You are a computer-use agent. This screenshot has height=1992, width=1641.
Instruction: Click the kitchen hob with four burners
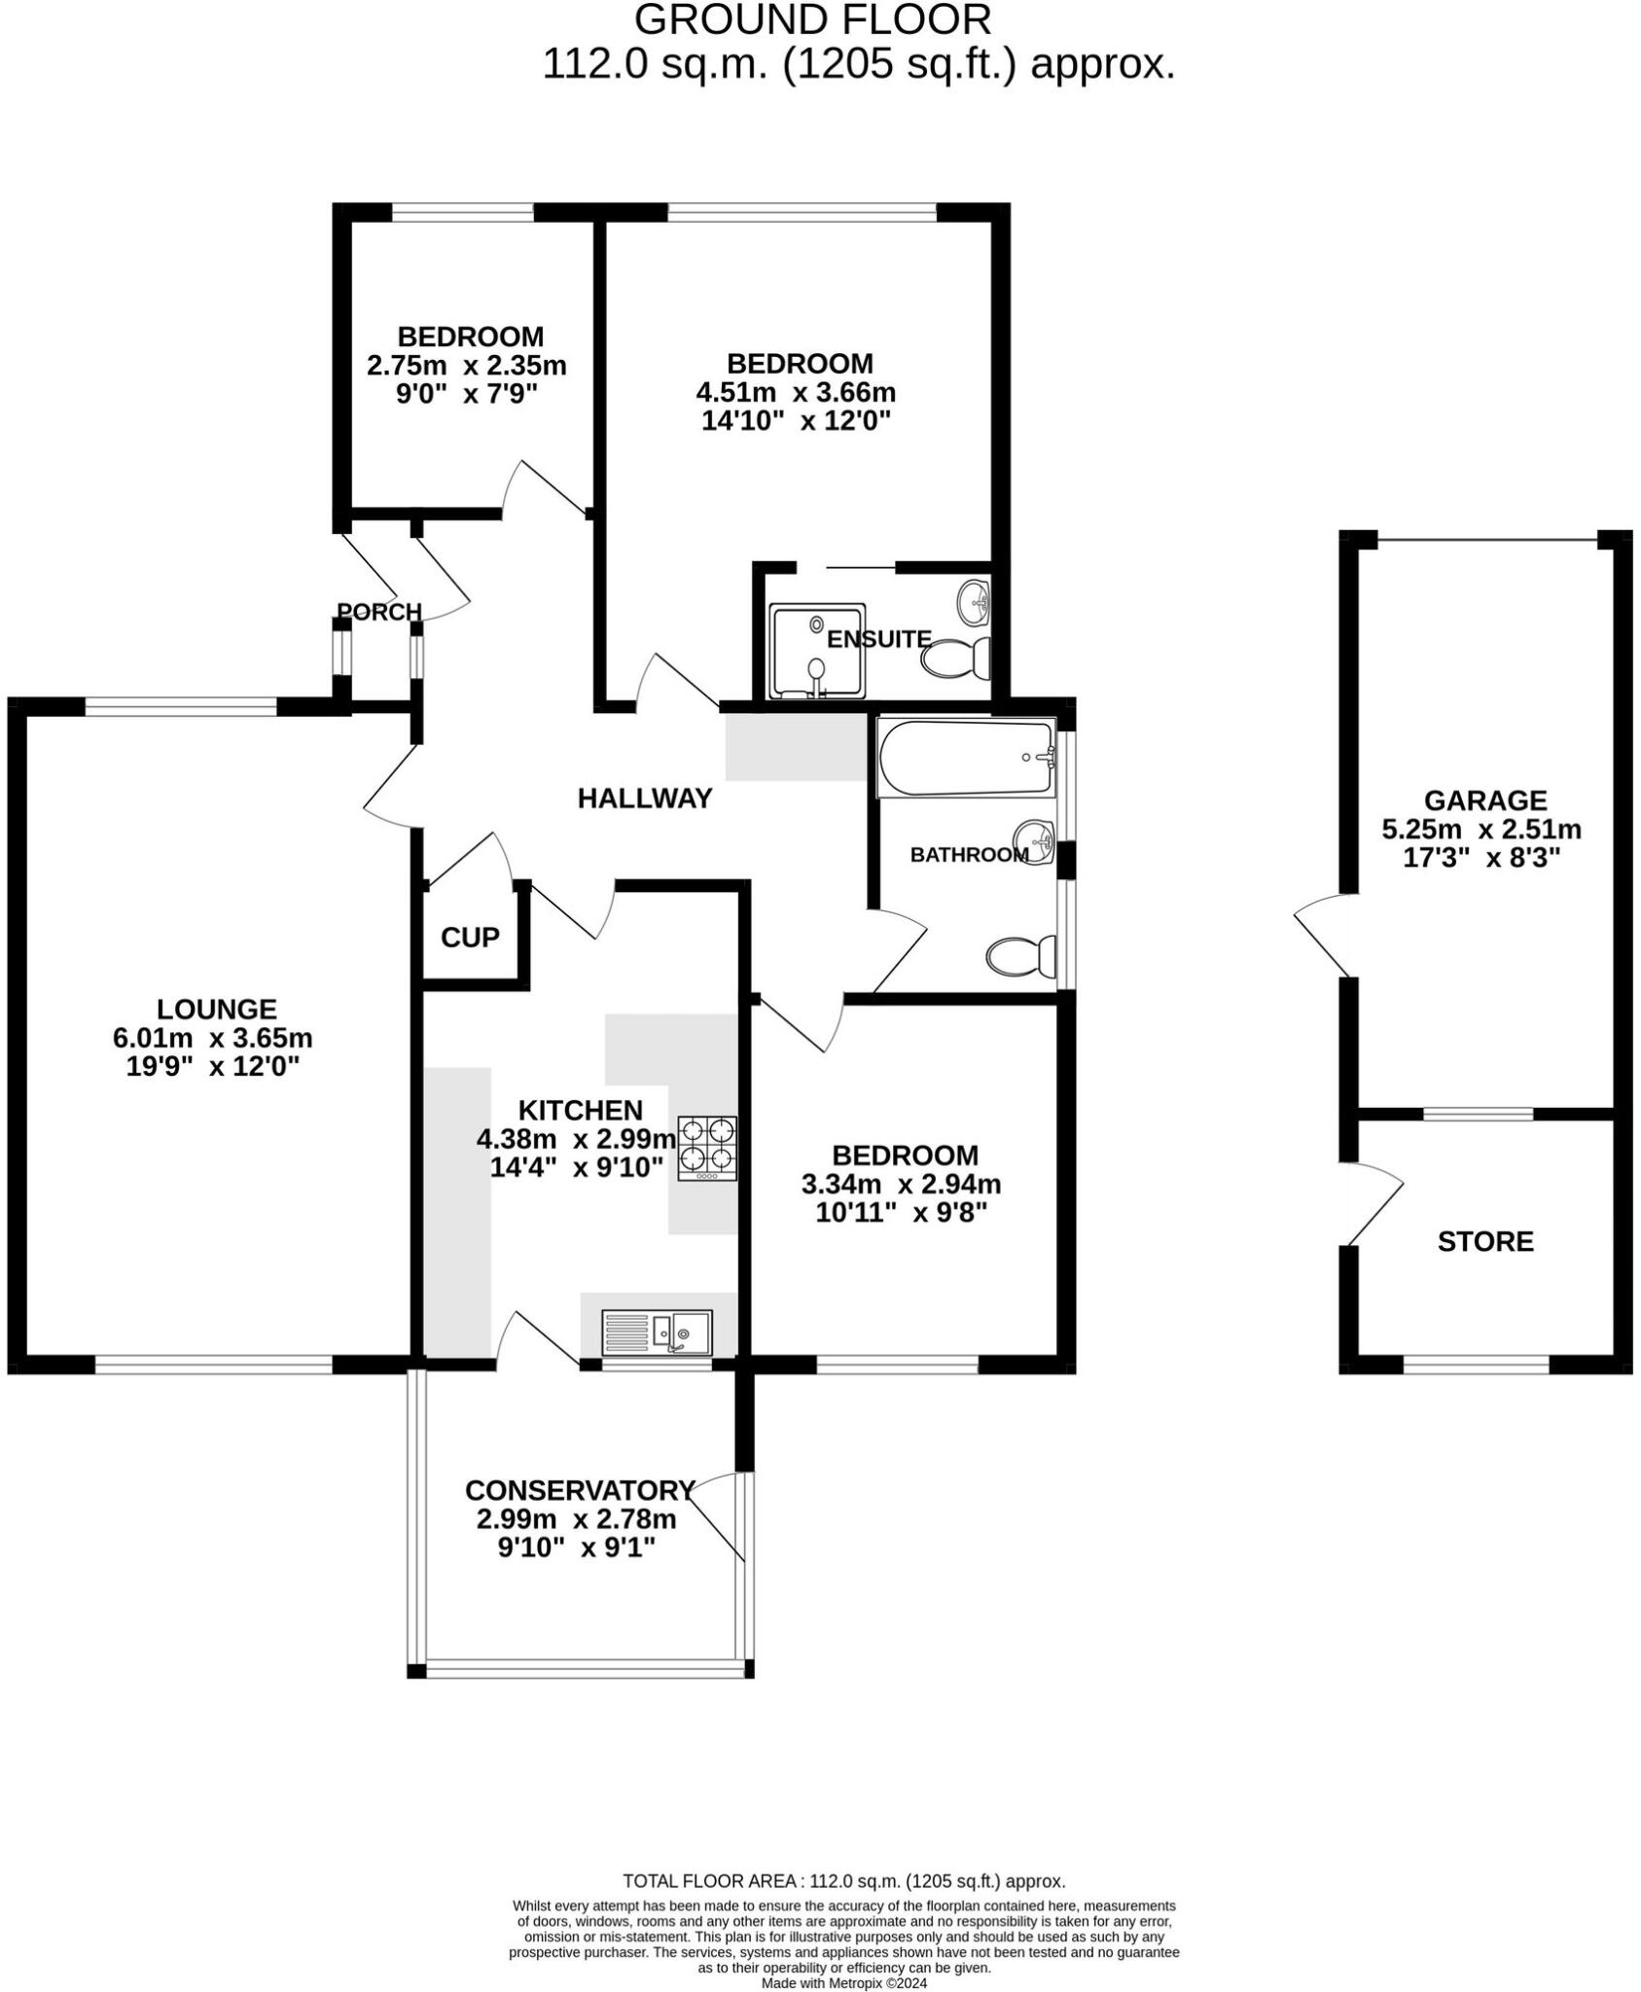click(707, 1148)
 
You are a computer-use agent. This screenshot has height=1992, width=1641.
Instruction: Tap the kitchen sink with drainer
click(658, 1333)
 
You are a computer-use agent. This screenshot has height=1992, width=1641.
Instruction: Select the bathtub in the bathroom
click(966, 758)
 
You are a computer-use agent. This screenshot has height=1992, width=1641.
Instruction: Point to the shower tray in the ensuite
click(816, 651)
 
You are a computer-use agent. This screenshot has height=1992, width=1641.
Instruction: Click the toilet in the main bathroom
click(1021, 956)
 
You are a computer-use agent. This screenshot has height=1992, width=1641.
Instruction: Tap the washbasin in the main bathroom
click(1035, 840)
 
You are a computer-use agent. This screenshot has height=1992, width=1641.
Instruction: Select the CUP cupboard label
click(470, 937)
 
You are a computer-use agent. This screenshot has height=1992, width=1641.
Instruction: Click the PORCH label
click(379, 611)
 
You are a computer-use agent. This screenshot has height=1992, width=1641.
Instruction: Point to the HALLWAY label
click(645, 799)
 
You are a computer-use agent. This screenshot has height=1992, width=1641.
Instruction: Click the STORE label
click(1484, 1241)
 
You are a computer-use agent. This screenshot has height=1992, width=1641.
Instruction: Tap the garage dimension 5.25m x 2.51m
click(1480, 830)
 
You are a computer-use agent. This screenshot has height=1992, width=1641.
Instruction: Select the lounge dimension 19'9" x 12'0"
click(212, 1066)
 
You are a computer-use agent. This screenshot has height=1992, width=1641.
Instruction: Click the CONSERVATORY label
click(580, 1490)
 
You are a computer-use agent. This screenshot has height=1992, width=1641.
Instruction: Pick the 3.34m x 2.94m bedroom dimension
click(901, 1184)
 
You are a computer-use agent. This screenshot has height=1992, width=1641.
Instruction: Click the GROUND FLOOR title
click(812, 20)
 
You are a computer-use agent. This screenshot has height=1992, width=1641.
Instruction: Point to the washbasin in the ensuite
click(975, 602)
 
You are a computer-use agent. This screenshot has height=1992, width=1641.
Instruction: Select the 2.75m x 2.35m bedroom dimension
click(466, 366)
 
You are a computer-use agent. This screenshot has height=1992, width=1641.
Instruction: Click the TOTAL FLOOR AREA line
click(843, 1881)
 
